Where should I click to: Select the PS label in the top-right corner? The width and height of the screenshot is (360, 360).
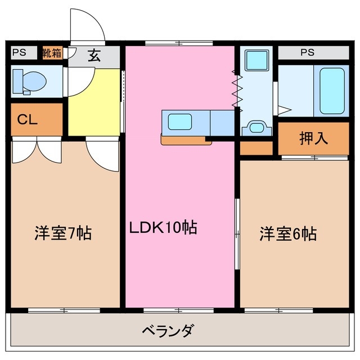pyautogui.click(x=307, y=53)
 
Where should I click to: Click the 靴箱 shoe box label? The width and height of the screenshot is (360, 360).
pyautogui.click(x=52, y=53)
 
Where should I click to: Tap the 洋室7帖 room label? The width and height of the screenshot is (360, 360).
pyautogui.click(x=63, y=233)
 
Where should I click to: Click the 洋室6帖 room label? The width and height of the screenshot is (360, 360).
pyautogui.click(x=287, y=233)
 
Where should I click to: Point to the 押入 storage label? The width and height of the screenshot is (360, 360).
pyautogui.click(x=313, y=139)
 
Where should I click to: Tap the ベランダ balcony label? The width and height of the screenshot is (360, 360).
pyautogui.click(x=167, y=330)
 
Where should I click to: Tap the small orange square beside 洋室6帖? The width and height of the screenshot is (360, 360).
pyautogui.click(x=256, y=148)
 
